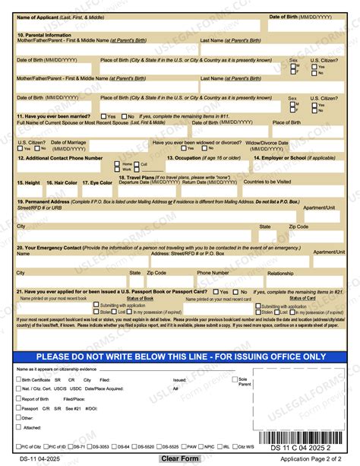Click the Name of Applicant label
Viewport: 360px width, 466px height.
tap(50, 17)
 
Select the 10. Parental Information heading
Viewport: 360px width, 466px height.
tap(46, 36)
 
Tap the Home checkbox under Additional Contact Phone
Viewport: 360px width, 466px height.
tap(117, 163)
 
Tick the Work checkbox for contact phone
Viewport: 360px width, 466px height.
tap(117, 169)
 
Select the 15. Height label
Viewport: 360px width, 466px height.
tap(28, 183)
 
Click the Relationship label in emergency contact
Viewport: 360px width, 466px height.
tap(280, 272)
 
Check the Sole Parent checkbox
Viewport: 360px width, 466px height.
tap(234, 379)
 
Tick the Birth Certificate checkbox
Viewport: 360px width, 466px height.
tap(19, 379)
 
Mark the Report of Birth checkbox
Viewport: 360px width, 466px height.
tap(19, 398)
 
